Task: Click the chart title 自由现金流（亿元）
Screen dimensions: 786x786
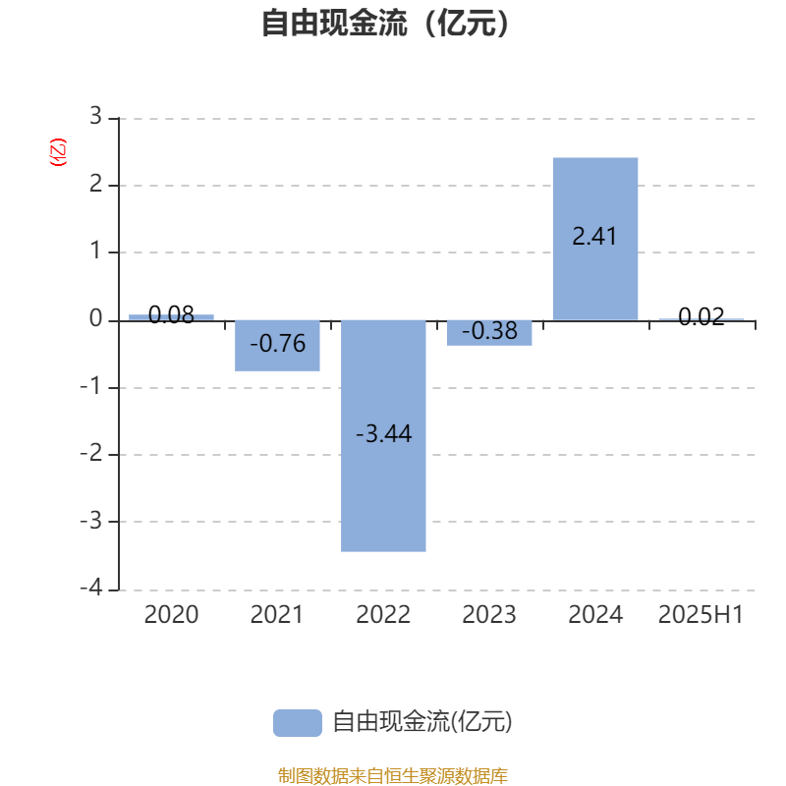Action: click(x=385, y=23)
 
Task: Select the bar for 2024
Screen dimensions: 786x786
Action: click(x=595, y=239)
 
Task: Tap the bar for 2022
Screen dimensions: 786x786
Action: click(x=383, y=436)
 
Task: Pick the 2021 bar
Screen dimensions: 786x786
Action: click(x=277, y=346)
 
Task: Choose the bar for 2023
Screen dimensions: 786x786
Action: click(x=489, y=333)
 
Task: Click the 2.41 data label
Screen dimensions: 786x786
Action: click(x=594, y=236)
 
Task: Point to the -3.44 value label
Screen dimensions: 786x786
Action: click(x=384, y=433)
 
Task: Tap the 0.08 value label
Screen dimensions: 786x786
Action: click(x=171, y=314)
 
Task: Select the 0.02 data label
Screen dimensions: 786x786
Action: click(x=702, y=316)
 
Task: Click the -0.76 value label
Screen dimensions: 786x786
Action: click(x=278, y=343)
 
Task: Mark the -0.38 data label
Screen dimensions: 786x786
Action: click(x=489, y=331)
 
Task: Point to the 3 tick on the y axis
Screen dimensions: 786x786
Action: click(x=95, y=116)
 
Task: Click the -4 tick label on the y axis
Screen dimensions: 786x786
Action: click(x=91, y=587)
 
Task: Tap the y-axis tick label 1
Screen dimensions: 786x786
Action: click(x=95, y=251)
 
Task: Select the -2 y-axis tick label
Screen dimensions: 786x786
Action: click(x=91, y=453)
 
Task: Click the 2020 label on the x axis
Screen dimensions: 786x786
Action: click(x=171, y=615)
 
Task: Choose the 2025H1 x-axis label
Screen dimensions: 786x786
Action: click(x=701, y=615)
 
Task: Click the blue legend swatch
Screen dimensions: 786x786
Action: click(x=298, y=723)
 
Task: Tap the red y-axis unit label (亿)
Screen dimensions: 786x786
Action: click(x=58, y=152)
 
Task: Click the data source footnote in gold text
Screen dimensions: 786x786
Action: click(x=392, y=775)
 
